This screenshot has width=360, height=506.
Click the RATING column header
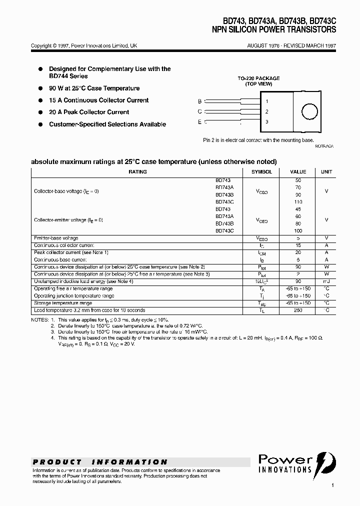pyautogui.click(x=137, y=172)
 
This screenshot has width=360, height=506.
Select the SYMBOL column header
pyautogui.click(x=261, y=172)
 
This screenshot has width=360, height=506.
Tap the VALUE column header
pyautogui.click(x=298, y=172)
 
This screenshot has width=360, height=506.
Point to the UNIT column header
pyautogui.click(x=326, y=172)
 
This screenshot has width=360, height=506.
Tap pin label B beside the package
pyautogui.click(x=200, y=101)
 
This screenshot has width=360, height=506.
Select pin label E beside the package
pyautogui.click(x=200, y=121)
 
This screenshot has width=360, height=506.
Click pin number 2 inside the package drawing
pyautogui.click(x=267, y=111)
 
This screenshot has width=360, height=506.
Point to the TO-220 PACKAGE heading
pyautogui.click(x=258, y=78)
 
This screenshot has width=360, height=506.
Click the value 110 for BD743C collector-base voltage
pyautogui.click(x=298, y=202)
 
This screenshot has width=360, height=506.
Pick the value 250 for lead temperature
pyautogui.click(x=298, y=310)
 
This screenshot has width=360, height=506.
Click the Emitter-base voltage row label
pyautogui.click(x=56, y=238)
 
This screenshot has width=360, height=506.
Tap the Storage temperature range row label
pyautogui.click(x=63, y=303)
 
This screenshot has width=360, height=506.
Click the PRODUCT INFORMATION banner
pyautogui.click(x=100, y=462)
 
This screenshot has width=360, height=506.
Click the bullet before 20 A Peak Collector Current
pyautogui.click(x=40, y=112)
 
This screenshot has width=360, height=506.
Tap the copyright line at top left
pyautogui.click(x=84, y=45)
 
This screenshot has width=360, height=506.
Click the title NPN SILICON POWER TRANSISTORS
pyautogui.click(x=274, y=30)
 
